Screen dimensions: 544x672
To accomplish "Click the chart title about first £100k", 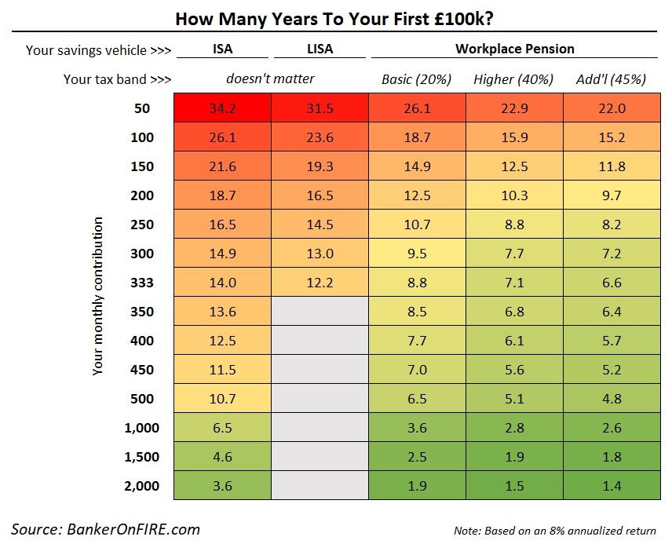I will [334, 17].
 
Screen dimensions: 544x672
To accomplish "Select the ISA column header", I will [223, 49].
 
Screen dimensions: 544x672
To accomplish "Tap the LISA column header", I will [320, 49].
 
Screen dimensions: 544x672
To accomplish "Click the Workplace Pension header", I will [514, 49].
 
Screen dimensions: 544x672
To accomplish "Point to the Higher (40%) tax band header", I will [513, 79].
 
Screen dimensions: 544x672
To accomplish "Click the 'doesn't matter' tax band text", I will [270, 79].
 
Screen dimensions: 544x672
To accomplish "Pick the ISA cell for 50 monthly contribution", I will [223, 108].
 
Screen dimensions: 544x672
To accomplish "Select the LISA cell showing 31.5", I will [320, 108].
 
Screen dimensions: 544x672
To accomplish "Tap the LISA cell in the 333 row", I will [320, 283].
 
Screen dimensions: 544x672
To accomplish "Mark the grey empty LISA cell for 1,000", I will [320, 428].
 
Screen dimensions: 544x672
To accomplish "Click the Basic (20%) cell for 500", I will [417, 399].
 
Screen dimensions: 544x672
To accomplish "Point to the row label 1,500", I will [142, 457].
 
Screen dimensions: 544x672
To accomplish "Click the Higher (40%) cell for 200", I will [513, 195].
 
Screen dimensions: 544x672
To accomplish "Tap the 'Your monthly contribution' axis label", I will [98, 297].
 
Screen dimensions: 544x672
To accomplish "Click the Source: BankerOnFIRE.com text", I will [106, 528].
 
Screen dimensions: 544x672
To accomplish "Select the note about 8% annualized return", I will [554, 530].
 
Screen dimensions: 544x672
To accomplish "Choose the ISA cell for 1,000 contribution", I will [223, 428].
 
